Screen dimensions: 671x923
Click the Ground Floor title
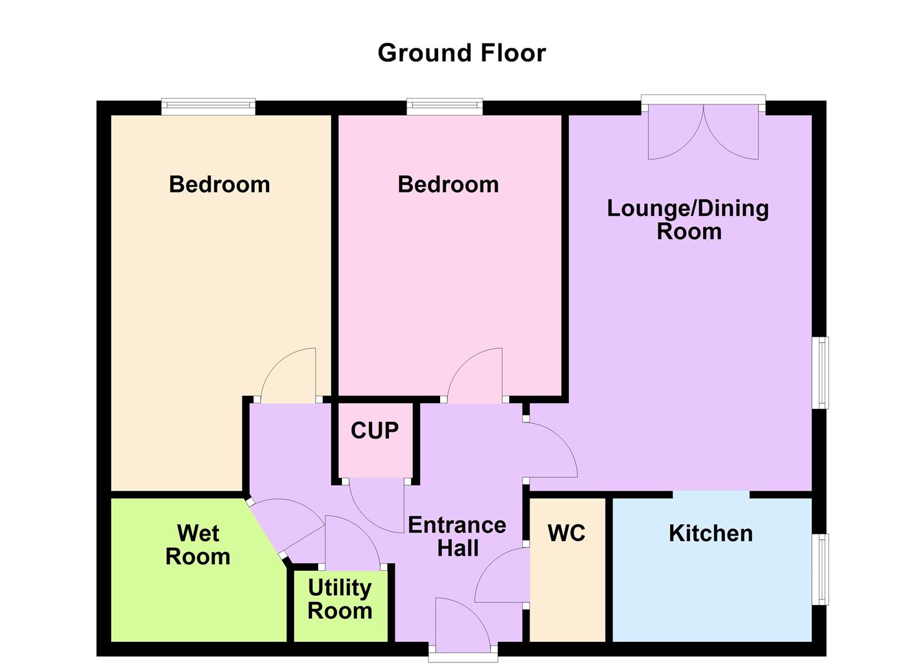(x=461, y=53)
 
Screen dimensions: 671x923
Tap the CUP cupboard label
(x=374, y=430)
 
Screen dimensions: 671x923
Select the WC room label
(x=566, y=533)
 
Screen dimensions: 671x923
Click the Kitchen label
(x=710, y=533)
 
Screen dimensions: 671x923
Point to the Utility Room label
(x=340, y=599)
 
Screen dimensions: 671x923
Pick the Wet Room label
(x=198, y=545)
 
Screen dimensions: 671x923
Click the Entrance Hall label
(x=457, y=537)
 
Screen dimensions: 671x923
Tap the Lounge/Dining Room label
(x=688, y=219)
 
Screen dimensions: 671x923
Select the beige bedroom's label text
(x=219, y=185)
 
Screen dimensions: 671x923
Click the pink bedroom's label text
(x=448, y=185)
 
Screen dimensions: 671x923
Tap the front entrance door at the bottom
(x=462, y=628)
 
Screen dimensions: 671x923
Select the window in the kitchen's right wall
(x=821, y=568)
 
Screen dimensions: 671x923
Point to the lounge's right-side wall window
(x=821, y=373)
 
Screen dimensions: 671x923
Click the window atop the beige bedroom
(x=208, y=107)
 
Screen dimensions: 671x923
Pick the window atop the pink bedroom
(x=444, y=107)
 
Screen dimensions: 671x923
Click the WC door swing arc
(x=500, y=577)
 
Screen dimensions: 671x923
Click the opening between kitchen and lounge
(x=711, y=495)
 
